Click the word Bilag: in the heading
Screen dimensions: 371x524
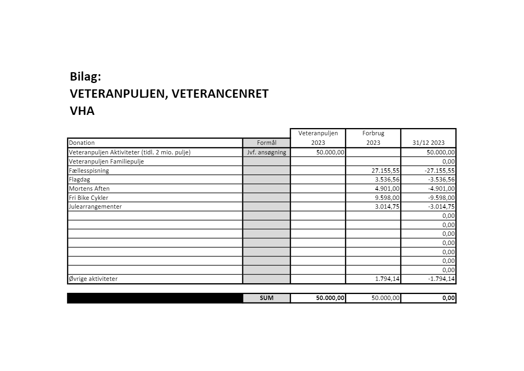tap(85, 76)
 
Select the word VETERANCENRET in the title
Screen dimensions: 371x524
tap(221, 94)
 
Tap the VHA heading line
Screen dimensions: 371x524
tap(82, 111)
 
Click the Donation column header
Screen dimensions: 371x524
tap(82, 143)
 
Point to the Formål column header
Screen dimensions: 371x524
tap(267, 143)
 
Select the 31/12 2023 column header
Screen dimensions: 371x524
tap(429, 143)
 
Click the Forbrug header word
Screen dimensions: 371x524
tap(373, 133)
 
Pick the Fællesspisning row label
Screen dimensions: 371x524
tap(89, 171)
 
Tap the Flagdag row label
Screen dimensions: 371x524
tap(79, 180)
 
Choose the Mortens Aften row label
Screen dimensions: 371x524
tap(89, 189)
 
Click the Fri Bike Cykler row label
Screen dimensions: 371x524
tap(88, 198)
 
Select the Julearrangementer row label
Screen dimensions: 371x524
tap(95, 207)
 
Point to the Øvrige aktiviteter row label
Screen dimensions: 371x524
tap(93, 279)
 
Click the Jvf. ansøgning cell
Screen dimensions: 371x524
tap(267, 152)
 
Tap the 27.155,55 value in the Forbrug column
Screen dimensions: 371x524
tap(385, 171)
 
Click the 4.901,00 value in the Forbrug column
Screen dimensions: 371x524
tap(387, 189)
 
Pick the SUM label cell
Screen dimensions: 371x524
tap(267, 298)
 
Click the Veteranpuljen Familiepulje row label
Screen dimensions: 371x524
tap(106, 162)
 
